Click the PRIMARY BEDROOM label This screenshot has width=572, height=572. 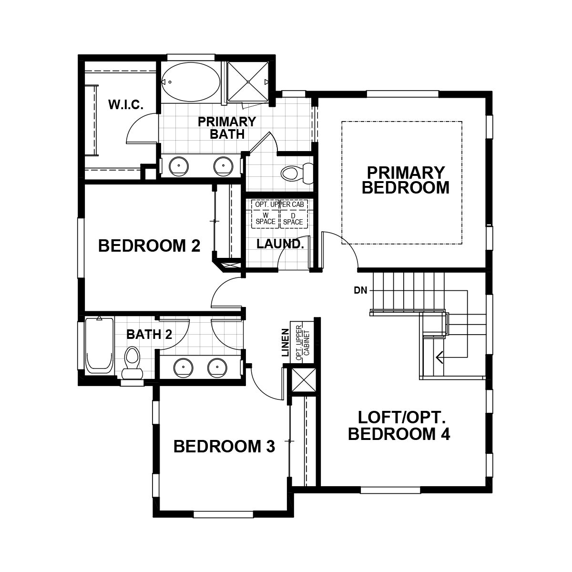point(405,180)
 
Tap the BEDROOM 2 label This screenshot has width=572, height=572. point(149,246)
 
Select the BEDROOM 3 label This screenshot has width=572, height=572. point(224,447)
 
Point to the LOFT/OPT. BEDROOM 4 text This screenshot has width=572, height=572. point(399,426)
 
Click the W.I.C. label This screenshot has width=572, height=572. point(126,105)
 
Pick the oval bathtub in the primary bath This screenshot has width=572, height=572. point(190,82)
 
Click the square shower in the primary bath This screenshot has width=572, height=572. point(248,82)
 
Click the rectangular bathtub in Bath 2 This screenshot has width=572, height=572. point(100,345)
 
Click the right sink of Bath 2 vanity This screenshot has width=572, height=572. point(217,368)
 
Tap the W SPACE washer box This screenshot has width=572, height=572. point(266,219)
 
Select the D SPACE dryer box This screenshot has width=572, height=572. point(293,219)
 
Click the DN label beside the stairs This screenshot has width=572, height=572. point(360,290)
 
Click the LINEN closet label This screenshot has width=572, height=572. point(285,342)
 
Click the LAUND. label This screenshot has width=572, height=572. point(280,244)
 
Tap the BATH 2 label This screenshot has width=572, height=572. point(149,335)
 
